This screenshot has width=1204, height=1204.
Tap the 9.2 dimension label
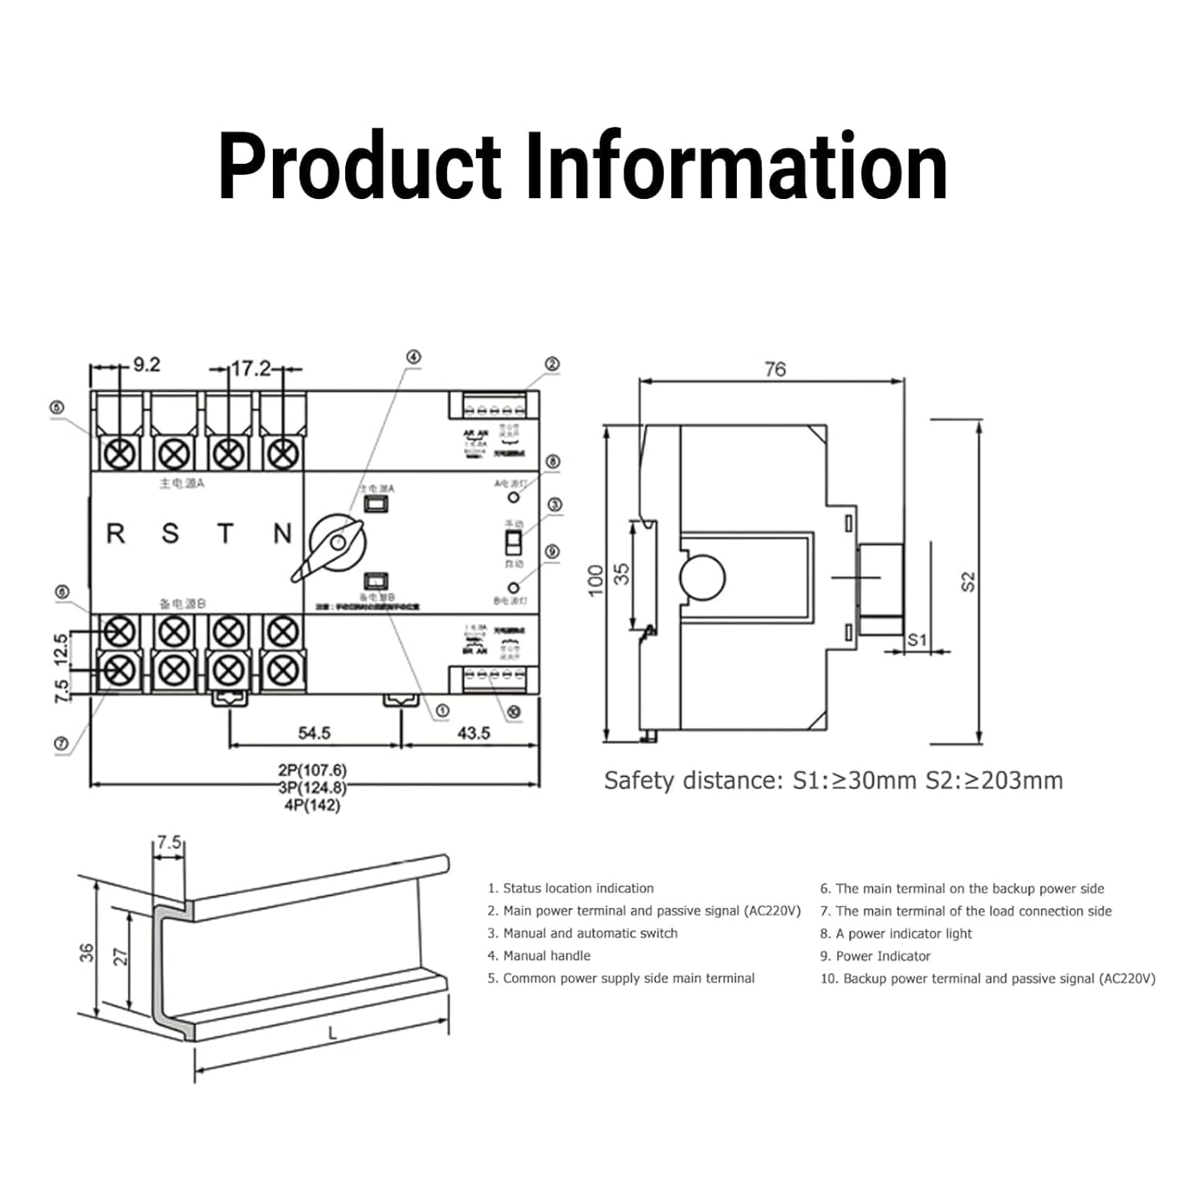[x=146, y=365]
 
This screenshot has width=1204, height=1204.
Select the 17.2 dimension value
[x=251, y=368]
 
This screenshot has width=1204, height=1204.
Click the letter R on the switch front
[x=116, y=534]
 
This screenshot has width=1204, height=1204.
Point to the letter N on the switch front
[x=283, y=534]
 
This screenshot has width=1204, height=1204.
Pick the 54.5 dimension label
[x=314, y=733]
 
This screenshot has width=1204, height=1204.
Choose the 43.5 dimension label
[x=474, y=733]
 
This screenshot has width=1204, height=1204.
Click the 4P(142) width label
[x=312, y=805]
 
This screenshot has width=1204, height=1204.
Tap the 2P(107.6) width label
[x=312, y=771]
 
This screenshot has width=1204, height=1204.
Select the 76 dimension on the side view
[x=775, y=369]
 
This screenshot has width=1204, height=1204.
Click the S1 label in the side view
[x=917, y=640]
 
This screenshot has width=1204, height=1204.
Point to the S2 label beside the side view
[x=968, y=581]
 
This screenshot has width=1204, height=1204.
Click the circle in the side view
[x=702, y=577]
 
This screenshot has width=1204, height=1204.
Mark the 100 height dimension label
[x=595, y=580]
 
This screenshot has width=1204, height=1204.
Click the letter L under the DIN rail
[x=333, y=1034]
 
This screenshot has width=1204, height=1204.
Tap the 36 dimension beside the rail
[x=87, y=953]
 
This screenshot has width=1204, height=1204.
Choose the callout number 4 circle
[x=413, y=357]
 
